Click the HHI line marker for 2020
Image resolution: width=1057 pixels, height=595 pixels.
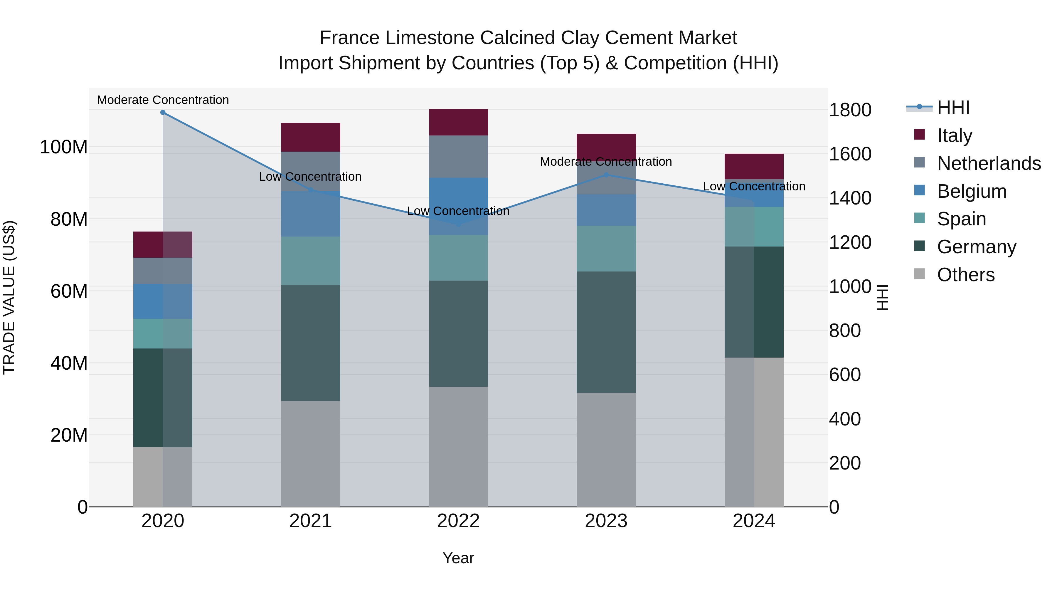(x=163, y=113)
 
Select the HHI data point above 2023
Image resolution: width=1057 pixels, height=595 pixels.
(x=606, y=175)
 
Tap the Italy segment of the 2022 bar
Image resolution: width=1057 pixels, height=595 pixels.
(x=458, y=122)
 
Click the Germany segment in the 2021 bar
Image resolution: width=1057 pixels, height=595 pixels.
(x=311, y=343)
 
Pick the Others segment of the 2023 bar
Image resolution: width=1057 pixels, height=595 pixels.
(x=606, y=450)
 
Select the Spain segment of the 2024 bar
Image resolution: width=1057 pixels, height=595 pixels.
(x=754, y=227)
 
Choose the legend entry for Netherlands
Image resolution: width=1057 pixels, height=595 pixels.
(x=989, y=163)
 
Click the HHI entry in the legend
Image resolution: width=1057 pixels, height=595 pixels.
(x=953, y=108)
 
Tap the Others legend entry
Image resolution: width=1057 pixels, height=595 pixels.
(x=965, y=275)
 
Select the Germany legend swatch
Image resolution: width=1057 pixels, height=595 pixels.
(x=920, y=247)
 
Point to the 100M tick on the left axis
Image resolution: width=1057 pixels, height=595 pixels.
(x=64, y=147)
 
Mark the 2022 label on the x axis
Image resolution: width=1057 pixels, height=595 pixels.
(x=458, y=521)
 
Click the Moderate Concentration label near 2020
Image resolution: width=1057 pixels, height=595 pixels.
(x=163, y=100)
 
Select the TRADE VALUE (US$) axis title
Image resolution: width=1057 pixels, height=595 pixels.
(x=9, y=297)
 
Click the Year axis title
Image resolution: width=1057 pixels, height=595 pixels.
(x=458, y=558)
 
